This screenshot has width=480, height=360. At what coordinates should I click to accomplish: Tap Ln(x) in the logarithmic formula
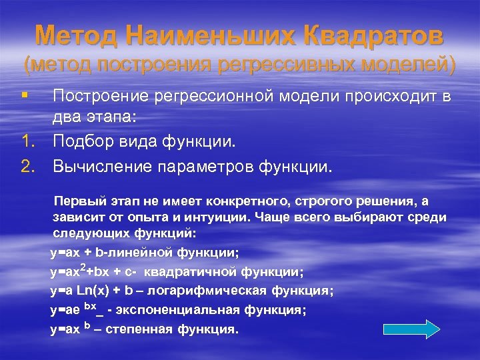pos(97,291)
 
